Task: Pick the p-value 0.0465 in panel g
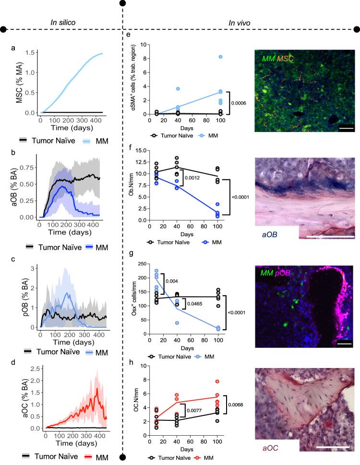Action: click(193, 304)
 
